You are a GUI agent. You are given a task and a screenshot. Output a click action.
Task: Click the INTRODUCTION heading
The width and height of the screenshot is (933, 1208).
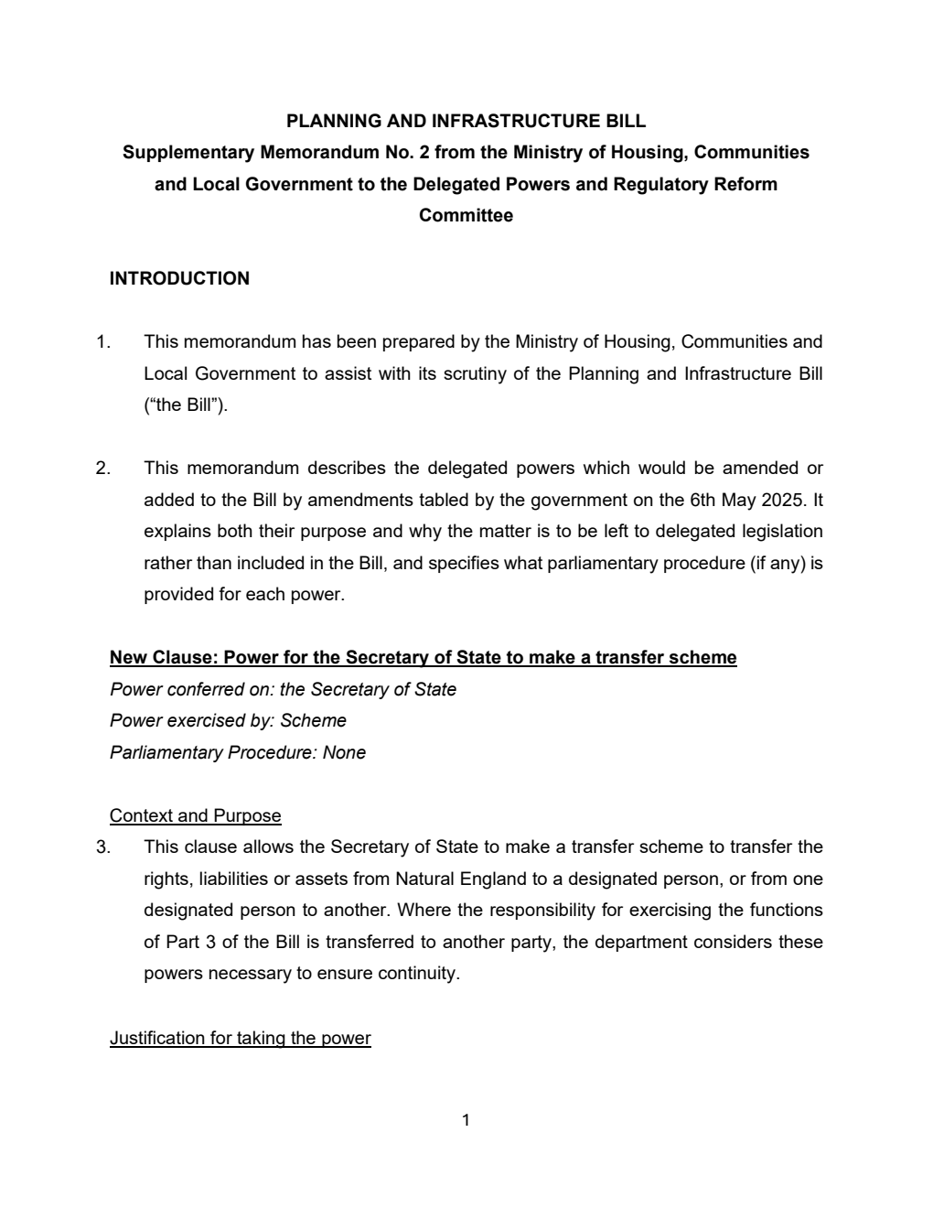[x=179, y=279]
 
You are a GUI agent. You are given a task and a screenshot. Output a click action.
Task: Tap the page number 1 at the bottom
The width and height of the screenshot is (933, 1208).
[x=466, y=1119]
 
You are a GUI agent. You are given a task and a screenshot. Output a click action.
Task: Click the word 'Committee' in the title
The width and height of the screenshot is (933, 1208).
[x=466, y=216]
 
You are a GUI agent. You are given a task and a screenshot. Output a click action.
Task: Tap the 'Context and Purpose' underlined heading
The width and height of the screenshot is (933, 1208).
[x=195, y=815]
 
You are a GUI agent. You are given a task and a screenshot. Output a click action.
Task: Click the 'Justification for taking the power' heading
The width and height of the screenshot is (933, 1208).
[x=240, y=1038]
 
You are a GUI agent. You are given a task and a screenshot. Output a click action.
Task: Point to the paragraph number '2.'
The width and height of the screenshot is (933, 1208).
[x=103, y=469]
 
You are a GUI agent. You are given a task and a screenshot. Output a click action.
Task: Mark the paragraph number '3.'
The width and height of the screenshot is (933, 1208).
[x=103, y=847]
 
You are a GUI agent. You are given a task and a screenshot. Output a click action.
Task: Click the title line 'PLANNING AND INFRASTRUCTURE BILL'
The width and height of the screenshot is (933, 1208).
[x=466, y=121]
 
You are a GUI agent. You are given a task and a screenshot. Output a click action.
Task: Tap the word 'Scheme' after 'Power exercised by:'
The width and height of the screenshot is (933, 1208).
[x=313, y=721]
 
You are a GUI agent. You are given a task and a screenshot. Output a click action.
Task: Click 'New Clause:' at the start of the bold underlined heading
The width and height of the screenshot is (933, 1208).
[x=164, y=658]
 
